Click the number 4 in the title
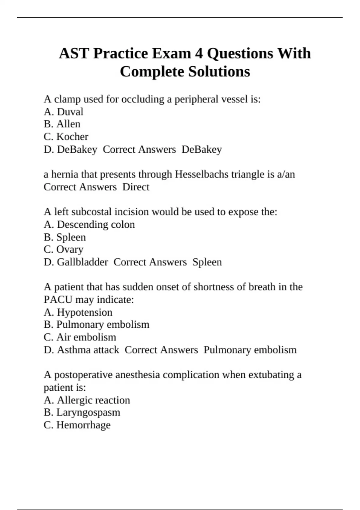199,54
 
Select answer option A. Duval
63,112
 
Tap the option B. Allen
62,124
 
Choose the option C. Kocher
66,137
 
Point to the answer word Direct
136,187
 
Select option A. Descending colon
89,224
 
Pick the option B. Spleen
65,237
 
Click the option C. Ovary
64,249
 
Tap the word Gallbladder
82,262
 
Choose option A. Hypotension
78,312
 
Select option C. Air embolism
80,337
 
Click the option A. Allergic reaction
87,400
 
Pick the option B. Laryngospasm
82,412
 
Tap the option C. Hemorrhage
77,425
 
